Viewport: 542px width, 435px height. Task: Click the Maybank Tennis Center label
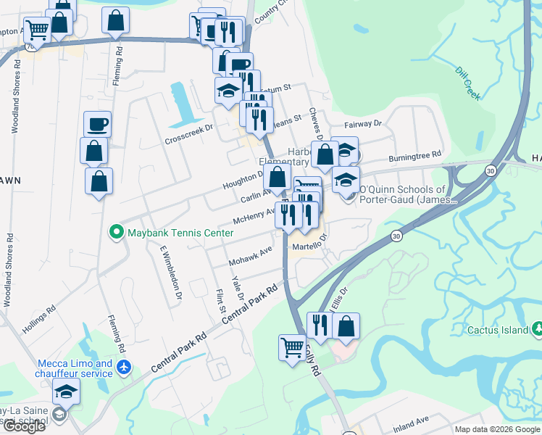pyautogui.click(x=180, y=233)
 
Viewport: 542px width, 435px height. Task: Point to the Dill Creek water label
pyautogui.click(x=468, y=83)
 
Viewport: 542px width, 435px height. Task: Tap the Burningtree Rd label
pyautogui.click(x=414, y=155)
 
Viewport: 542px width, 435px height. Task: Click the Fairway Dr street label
pyautogui.click(x=363, y=124)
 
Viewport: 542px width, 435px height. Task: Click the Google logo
pyautogui.click(x=23, y=426)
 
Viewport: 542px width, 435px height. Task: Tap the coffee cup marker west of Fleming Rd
pyautogui.click(x=97, y=125)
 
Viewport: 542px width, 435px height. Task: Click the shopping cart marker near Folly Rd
pyautogui.click(x=292, y=348)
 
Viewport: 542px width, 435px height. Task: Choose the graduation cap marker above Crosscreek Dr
pyautogui.click(x=228, y=92)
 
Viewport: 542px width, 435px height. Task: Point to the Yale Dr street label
pyautogui.click(x=237, y=286)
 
